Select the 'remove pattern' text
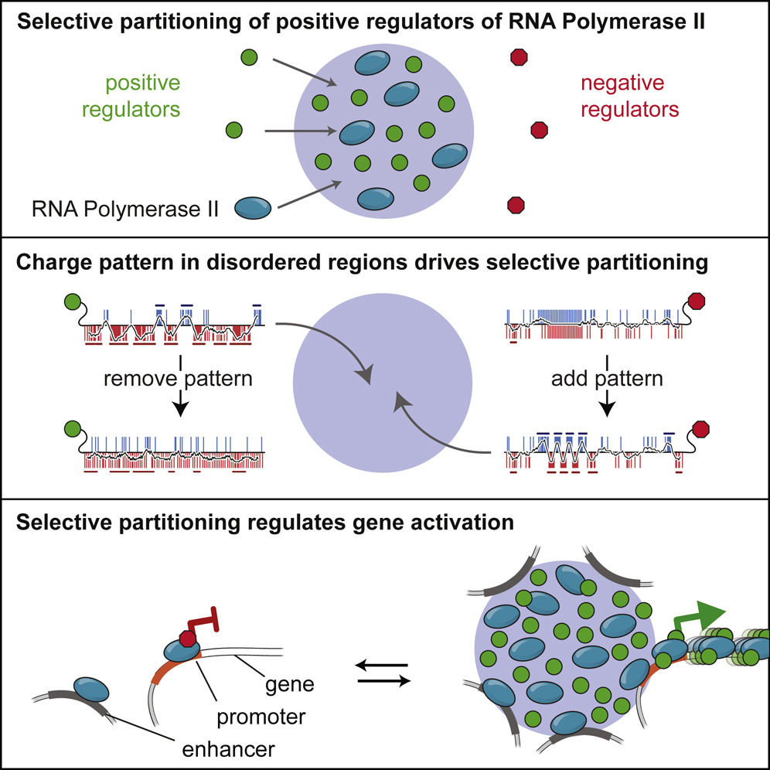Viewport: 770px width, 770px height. point(179,380)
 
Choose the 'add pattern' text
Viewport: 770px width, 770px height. point(608,380)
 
